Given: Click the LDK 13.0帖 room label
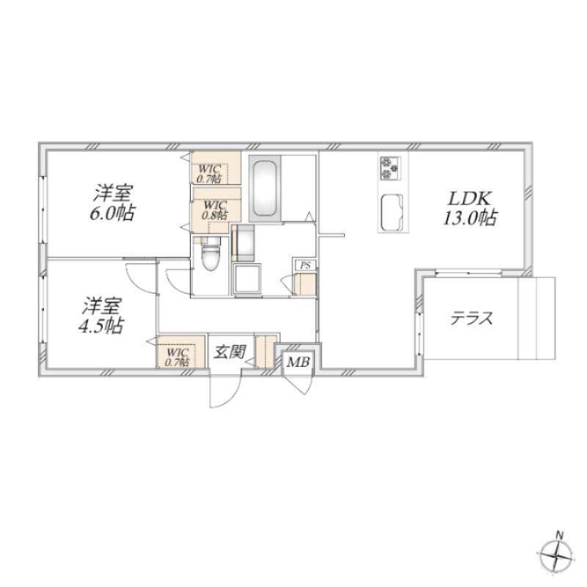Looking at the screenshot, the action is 470,208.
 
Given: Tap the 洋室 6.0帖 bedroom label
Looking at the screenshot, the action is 112,203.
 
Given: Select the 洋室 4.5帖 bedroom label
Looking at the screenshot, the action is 101,316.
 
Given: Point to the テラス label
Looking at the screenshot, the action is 471,319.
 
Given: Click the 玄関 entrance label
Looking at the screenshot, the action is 230,352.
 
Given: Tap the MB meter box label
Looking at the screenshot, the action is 298,362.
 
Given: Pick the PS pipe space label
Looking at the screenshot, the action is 305,266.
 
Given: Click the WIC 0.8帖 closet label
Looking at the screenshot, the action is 215,210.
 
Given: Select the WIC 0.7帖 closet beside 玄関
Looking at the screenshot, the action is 178,357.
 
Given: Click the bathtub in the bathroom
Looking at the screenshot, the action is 265,189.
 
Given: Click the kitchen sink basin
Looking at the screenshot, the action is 392,213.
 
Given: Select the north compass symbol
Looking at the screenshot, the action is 557,555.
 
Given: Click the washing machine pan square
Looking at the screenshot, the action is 247,278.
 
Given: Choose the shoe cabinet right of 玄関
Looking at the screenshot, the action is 266,351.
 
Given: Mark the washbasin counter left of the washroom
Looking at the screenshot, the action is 244,243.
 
